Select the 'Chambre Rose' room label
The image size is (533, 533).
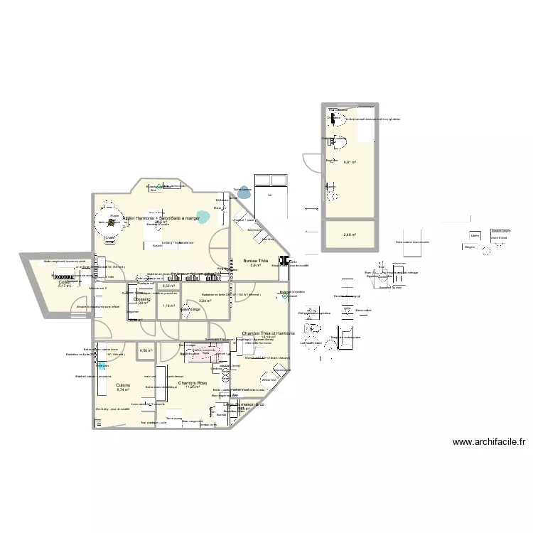click(192, 383)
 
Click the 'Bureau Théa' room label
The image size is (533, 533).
click(254, 261)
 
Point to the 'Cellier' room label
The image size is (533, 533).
click(65, 282)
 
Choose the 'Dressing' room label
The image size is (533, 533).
click(141, 299)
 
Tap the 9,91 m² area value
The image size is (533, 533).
click(350, 163)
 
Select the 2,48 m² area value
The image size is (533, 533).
click(350, 235)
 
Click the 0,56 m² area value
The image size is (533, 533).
click(146, 350)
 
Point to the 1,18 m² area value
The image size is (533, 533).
click(168, 306)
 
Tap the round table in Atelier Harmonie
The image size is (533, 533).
click(112, 221)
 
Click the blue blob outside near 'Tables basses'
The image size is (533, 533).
click(244, 191)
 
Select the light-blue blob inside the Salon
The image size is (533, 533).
click(203, 217)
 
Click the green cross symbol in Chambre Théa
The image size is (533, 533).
click(284, 296)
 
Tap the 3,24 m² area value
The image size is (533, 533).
click(204, 301)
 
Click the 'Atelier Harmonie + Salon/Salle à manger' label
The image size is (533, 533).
click(161, 218)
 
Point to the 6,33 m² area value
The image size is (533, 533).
click(168, 286)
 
